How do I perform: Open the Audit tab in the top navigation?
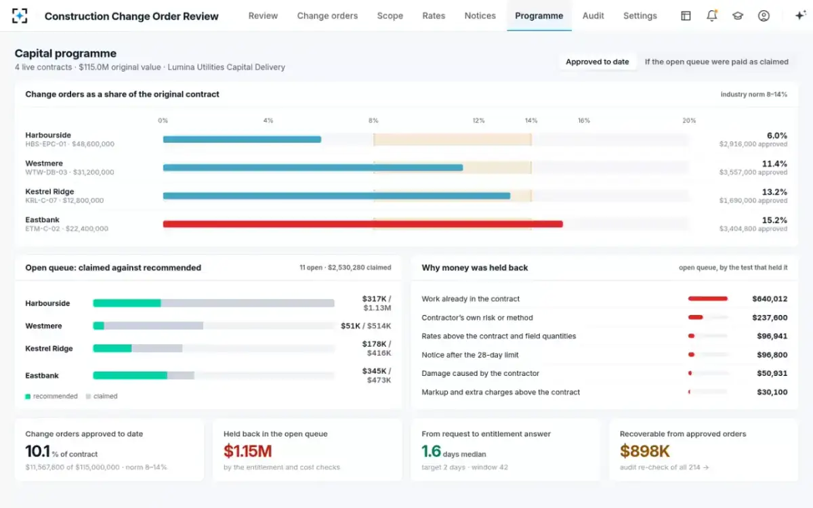593,16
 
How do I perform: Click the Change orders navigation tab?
327,16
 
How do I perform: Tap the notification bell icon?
712,16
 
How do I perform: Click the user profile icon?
764,16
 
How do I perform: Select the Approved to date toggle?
598,62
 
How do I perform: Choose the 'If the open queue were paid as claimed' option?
717,62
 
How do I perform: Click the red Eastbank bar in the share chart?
363,224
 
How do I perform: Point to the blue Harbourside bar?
242,140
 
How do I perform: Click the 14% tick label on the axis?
531,121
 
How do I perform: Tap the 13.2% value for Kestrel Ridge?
774,192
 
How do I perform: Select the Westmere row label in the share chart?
44,163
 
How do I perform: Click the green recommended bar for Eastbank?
130,375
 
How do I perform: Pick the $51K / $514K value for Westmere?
366,326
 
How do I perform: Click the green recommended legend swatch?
28,396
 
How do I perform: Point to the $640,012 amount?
770,299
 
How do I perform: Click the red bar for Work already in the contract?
708,299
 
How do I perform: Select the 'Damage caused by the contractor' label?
480,373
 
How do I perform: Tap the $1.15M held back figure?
247,451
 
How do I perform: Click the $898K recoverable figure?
644,451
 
